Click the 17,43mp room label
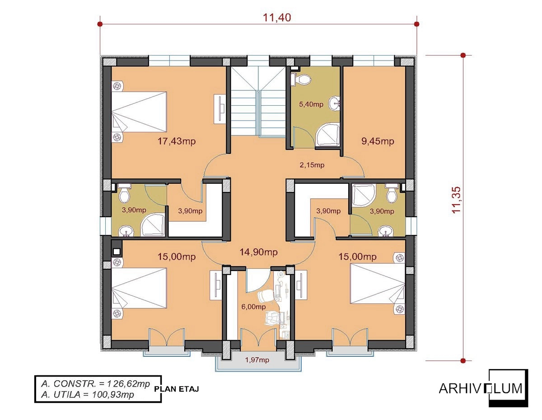coord(176,141)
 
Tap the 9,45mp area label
coord(378,141)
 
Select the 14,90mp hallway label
coord(258,252)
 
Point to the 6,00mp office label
coord(253,307)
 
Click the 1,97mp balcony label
coord(257,360)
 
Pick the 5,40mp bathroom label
coord(311,104)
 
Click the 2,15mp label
coord(312,165)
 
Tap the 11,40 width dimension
coord(277,18)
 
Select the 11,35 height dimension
coord(457,200)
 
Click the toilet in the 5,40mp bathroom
coord(301,79)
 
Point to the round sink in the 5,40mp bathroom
coord(335,103)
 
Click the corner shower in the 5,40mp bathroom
coord(327,135)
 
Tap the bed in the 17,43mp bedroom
coord(139,112)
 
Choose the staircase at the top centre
coord(258,101)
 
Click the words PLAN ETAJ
coord(177,389)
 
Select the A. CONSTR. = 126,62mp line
coord(96,384)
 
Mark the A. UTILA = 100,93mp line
coord(88,395)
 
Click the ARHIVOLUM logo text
coord(481,388)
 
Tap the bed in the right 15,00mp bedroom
coord(378,284)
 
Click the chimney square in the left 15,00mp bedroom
coord(117,252)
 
